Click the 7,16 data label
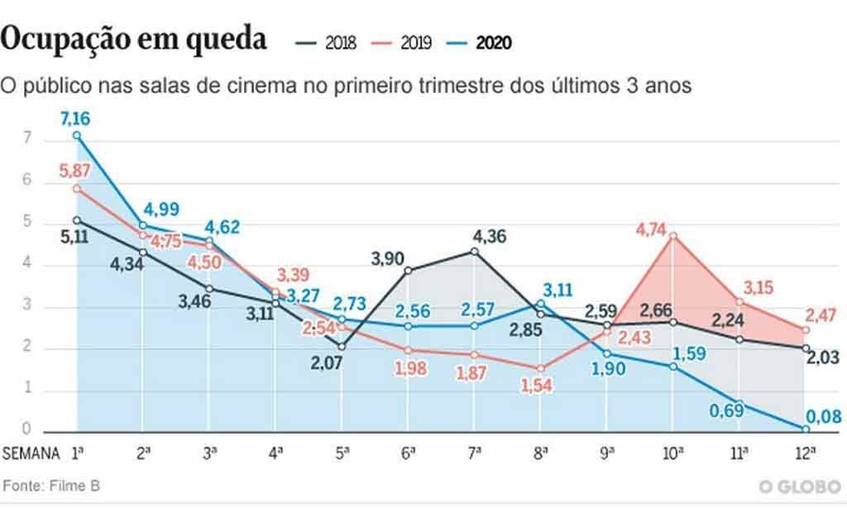(x=75, y=118)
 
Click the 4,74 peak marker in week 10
(x=674, y=236)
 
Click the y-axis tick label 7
(x=27, y=139)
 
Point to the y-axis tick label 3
(x=27, y=307)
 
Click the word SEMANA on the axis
(x=31, y=454)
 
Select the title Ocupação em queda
(x=135, y=39)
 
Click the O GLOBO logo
(x=800, y=487)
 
